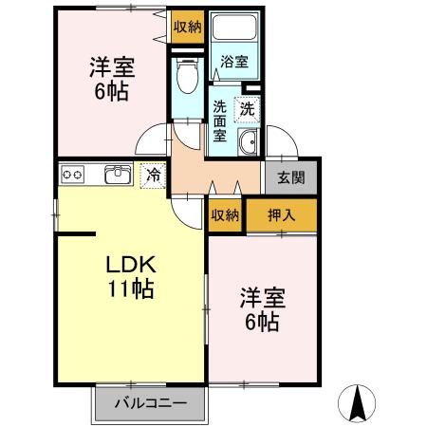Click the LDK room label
129,265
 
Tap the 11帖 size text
129,288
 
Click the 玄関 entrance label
291,176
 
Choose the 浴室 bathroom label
234,63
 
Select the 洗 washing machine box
247,109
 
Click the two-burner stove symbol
74,174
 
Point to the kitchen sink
119,174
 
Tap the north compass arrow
358,403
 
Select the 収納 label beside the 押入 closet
226,214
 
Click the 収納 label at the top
188,26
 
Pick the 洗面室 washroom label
220,121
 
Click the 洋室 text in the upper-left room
112,68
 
